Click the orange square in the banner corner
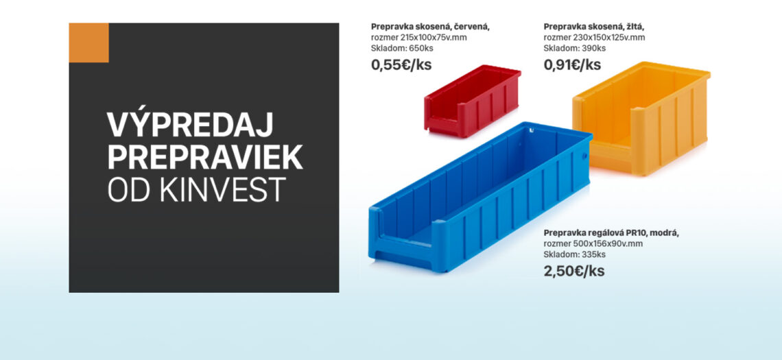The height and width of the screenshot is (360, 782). tap(88, 43)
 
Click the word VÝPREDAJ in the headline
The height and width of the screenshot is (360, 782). tap(190, 125)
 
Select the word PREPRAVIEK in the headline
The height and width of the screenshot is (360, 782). tap(205, 157)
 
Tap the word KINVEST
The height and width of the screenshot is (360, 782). tap(223, 189)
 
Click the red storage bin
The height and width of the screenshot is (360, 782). tap(473, 101)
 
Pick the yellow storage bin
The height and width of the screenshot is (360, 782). tap(641, 118)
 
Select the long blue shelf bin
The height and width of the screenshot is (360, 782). tap(479, 196)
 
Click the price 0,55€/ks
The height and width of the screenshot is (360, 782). tap(401, 65)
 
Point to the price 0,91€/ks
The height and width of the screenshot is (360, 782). tap(573, 65)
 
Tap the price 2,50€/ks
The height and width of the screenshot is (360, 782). tap(574, 272)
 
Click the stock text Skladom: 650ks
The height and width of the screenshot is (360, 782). tap(402, 49)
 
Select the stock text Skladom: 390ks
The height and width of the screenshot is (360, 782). tap(575, 49)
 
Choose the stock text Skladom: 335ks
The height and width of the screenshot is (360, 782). tap(575, 255)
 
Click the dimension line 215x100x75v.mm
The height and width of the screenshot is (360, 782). tap(419, 38)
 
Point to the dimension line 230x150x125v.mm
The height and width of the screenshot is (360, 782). tap(594, 38)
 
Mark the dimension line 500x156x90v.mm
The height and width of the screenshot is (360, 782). tap(593, 244)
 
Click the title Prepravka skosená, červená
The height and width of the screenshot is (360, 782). tap(430, 27)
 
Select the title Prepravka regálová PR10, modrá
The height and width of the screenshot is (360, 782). tap(611, 233)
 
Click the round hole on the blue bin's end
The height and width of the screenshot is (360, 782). tap(585, 156)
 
